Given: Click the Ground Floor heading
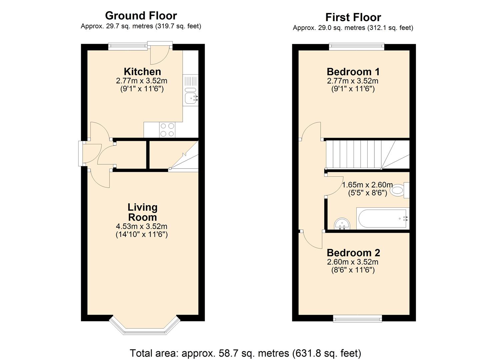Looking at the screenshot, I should point(141,16).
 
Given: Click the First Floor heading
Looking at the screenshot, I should point(353,17).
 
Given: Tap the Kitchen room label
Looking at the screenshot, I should point(142,72).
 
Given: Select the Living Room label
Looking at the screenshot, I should point(142,212).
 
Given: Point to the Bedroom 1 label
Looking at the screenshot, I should point(353,72).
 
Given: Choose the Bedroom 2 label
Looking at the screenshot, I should point(353,253).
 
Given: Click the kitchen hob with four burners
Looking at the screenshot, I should point(167,130).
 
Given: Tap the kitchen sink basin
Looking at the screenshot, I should point(190,98).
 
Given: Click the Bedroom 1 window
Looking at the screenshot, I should point(356,47).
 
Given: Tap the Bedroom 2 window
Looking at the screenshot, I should point(358,319).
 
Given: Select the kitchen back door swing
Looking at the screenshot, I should point(159,56).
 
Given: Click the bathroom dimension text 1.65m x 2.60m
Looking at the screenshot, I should point(367,185).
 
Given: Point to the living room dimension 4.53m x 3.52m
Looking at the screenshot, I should point(142,226).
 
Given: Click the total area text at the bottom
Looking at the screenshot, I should point(245,353).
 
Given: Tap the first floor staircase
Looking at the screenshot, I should point(367,154).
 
